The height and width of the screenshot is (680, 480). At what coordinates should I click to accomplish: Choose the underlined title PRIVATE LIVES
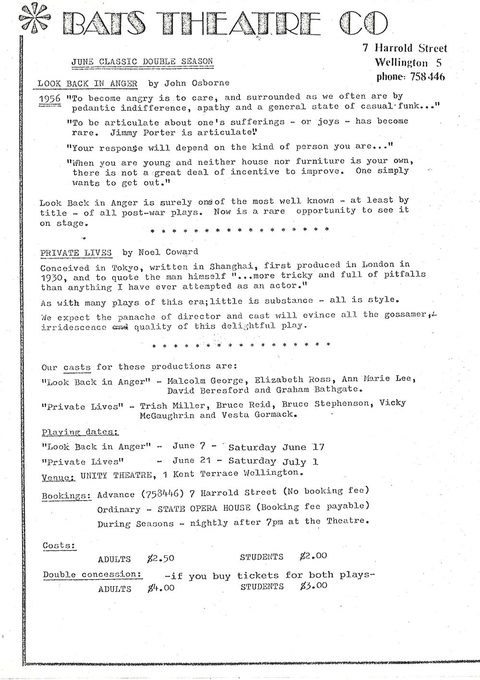76,253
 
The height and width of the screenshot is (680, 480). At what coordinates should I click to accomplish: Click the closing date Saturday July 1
273,462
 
